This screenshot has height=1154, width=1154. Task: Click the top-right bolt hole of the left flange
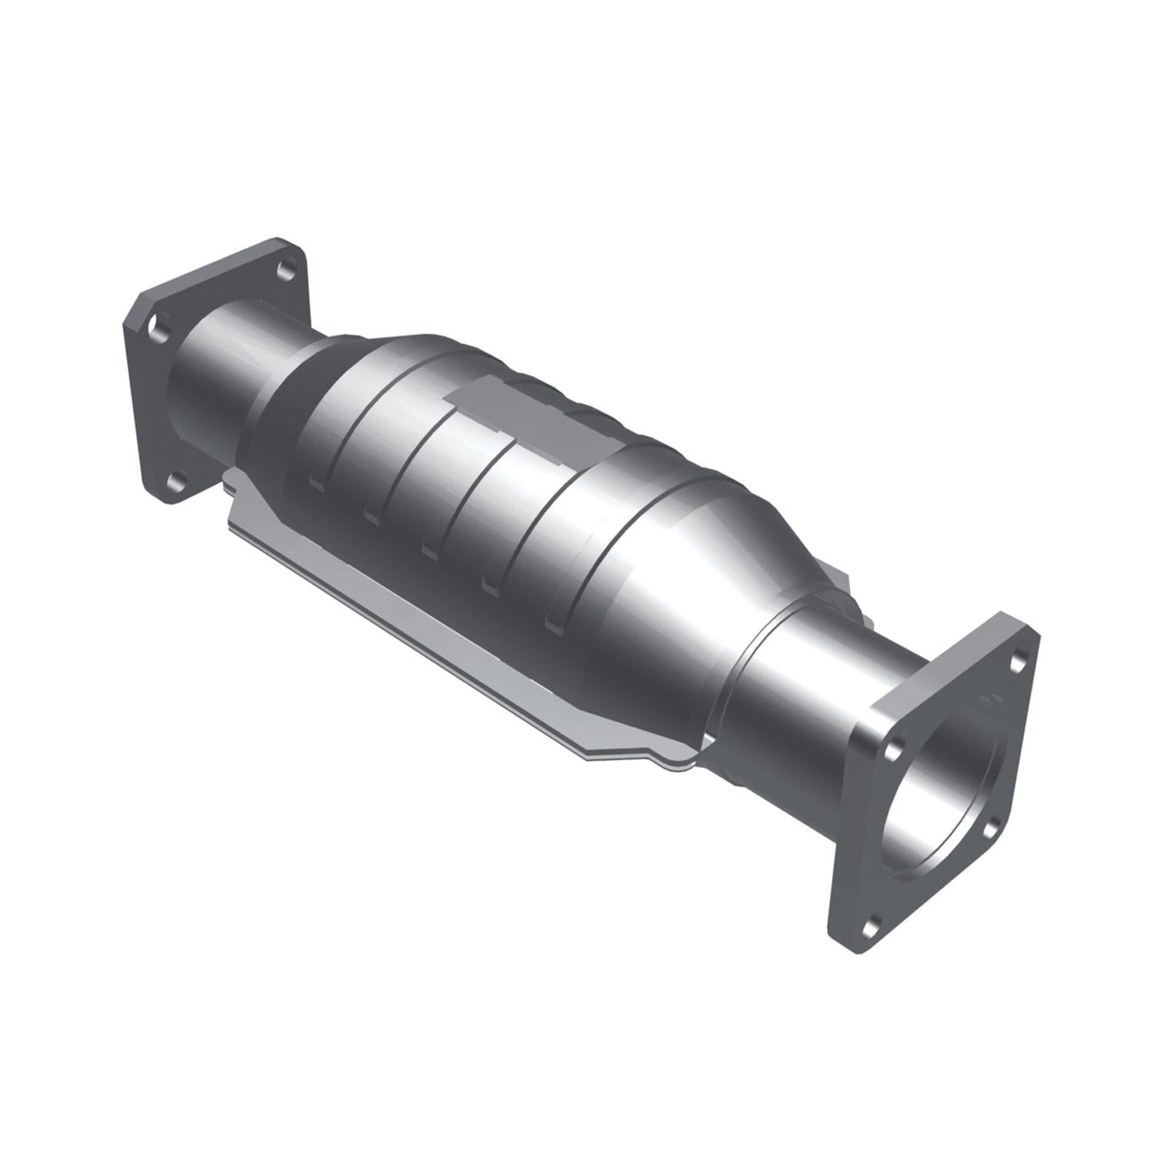coord(285,270)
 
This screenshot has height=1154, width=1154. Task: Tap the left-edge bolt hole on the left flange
coord(158,327)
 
